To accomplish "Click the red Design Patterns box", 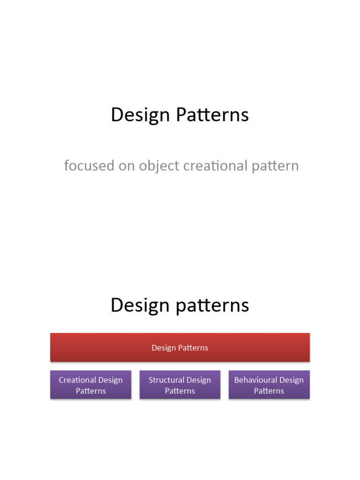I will (x=180, y=347).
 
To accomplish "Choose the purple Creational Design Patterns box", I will (x=90, y=385).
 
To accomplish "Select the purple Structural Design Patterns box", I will (x=180, y=385).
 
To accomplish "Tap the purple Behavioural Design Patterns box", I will (x=269, y=385).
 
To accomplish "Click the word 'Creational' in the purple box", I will (x=78, y=380).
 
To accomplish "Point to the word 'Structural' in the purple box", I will (x=166, y=380).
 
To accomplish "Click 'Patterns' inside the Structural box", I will (x=180, y=391).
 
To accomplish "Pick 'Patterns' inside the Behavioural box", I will (x=269, y=391).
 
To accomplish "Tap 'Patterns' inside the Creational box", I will (x=90, y=391).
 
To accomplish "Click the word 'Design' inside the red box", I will (x=163, y=348).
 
